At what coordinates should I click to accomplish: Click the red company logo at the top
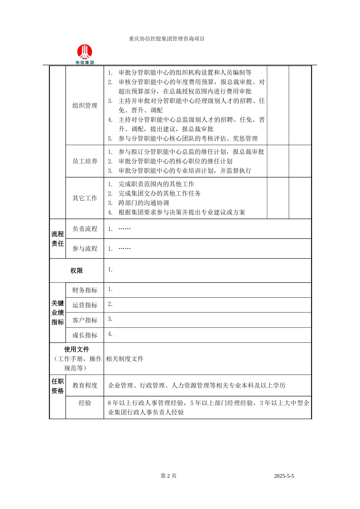[x=85, y=53]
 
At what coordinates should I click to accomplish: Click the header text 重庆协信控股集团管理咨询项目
[x=166, y=39]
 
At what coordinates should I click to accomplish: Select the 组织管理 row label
[x=85, y=106]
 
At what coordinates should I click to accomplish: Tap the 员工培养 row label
[x=85, y=161]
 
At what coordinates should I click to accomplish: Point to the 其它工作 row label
[x=85, y=198]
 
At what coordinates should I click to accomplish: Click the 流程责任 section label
[x=58, y=239]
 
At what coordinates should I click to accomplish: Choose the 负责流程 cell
[x=85, y=229]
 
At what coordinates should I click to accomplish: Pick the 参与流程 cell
[x=85, y=248]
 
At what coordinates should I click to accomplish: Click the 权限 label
[x=77, y=271]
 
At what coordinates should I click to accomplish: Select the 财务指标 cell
[x=85, y=290]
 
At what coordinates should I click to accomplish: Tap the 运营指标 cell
[x=85, y=305]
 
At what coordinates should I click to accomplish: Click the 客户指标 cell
[x=85, y=320]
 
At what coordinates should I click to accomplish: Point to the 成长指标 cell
[x=85, y=335]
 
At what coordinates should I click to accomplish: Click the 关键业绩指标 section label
[x=58, y=312]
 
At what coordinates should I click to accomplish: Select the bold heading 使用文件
[x=77, y=349]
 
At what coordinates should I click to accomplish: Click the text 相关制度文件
[x=125, y=359]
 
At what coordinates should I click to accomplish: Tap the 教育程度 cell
[x=85, y=386]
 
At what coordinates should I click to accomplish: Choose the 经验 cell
[x=85, y=403]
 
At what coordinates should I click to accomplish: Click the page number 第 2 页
[x=169, y=476]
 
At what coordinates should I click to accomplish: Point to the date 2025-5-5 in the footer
[x=284, y=476]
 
